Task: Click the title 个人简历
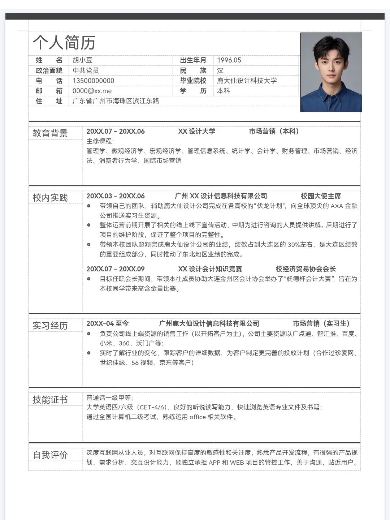(x=64, y=43)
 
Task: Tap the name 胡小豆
(x=82, y=60)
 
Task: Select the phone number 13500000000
(x=93, y=81)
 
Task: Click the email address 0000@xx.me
(x=92, y=91)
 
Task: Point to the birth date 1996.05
(x=229, y=60)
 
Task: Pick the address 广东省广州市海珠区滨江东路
(x=116, y=101)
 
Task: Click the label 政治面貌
(x=49, y=70)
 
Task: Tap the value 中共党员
(x=86, y=70)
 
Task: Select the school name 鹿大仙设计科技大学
(x=247, y=81)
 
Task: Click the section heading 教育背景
(x=50, y=133)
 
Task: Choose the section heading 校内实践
(x=50, y=198)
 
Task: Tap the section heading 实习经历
(x=50, y=326)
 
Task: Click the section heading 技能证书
(x=50, y=399)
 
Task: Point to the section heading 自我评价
(x=50, y=455)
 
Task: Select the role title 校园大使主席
(x=321, y=196)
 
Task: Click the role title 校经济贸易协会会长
(x=305, y=269)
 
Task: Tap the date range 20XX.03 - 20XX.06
(x=116, y=196)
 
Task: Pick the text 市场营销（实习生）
(x=321, y=323)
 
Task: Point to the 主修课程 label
(x=100, y=141)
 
